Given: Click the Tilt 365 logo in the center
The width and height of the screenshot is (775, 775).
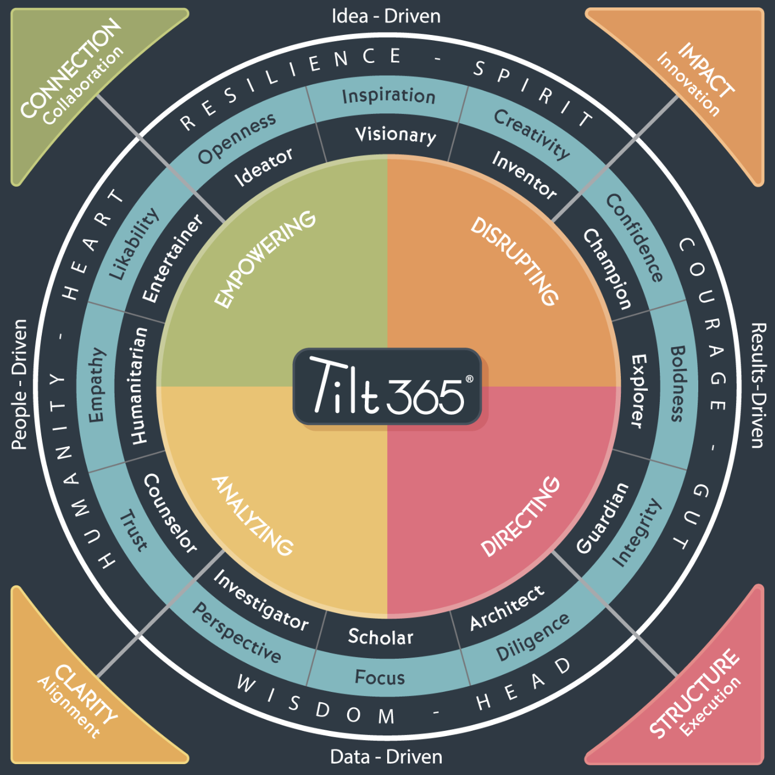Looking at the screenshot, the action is pyautogui.click(x=387, y=387).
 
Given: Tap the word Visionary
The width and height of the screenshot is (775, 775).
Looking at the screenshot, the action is pyautogui.click(x=395, y=135).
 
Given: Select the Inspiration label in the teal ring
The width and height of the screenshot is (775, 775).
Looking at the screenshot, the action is pyautogui.click(x=388, y=96).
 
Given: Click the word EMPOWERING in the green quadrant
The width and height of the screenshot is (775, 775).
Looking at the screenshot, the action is pyautogui.click(x=265, y=259).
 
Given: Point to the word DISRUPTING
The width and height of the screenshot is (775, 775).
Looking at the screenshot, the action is pyautogui.click(x=514, y=261).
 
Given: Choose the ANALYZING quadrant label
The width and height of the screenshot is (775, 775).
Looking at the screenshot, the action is pyautogui.click(x=253, y=516).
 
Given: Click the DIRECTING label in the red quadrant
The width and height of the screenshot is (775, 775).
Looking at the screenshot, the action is pyautogui.click(x=520, y=516).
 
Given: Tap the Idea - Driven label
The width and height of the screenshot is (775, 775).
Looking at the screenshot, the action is pyautogui.click(x=386, y=16).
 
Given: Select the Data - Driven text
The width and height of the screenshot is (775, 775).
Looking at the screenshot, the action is pyautogui.click(x=386, y=757).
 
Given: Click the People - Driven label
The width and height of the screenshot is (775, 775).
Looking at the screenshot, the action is pyautogui.click(x=19, y=384).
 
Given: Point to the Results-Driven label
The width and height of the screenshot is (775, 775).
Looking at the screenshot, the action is pyautogui.click(x=757, y=385).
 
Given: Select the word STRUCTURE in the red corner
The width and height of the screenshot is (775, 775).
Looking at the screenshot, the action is pyautogui.click(x=694, y=693).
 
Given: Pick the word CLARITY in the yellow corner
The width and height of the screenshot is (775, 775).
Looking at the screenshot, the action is pyautogui.click(x=86, y=693).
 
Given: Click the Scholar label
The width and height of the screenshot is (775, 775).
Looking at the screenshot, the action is pyautogui.click(x=380, y=637).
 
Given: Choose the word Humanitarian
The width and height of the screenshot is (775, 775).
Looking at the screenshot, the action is pyautogui.click(x=139, y=385).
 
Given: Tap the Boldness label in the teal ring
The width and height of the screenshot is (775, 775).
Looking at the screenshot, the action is pyautogui.click(x=677, y=383).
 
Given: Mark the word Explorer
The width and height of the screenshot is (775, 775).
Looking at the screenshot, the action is pyautogui.click(x=638, y=391).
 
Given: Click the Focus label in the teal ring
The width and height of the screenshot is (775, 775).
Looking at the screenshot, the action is pyautogui.click(x=379, y=678).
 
